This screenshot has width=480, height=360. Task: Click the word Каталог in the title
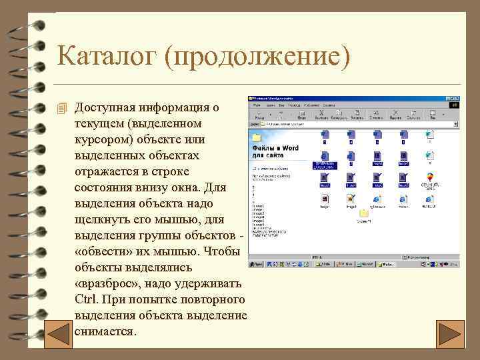[107, 55]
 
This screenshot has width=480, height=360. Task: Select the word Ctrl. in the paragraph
[90, 299]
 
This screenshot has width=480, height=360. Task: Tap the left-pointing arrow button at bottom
[52, 333]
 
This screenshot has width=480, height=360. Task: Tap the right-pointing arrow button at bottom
[451, 333]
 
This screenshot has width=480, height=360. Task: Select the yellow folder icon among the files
[364, 214]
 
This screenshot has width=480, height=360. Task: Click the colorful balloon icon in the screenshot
[429, 178]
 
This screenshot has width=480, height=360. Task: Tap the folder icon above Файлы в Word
[256, 137]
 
